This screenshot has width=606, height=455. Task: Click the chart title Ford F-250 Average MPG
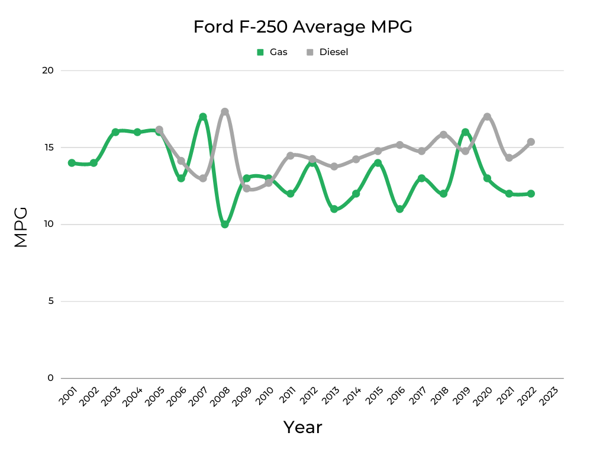pos(302,27)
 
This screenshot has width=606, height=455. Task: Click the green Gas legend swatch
pos(260,52)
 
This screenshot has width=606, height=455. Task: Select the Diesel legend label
pos(334,52)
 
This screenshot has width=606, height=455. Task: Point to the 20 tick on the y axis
pos(48,71)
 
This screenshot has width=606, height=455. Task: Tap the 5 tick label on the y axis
pos(50,301)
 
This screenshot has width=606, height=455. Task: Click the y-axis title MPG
pos(21,226)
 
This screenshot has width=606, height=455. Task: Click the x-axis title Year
pos(302,427)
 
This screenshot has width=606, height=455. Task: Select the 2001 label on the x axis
pos(68,396)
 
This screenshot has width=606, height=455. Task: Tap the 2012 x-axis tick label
pos(309,396)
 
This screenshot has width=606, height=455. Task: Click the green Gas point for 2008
pos(225,225)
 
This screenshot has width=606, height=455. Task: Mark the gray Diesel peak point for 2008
pos(225,112)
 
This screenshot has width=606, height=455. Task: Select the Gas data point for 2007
pos(203,117)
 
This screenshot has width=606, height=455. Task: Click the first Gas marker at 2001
pos(72,163)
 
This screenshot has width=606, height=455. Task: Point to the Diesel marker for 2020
pos(487,117)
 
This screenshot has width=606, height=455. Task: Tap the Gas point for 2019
pos(465,132)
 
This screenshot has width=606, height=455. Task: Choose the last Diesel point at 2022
pos(531,142)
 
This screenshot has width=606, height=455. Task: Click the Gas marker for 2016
pos(399,209)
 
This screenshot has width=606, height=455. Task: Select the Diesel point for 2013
pos(334,166)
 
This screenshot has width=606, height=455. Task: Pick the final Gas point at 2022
pos(531,194)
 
